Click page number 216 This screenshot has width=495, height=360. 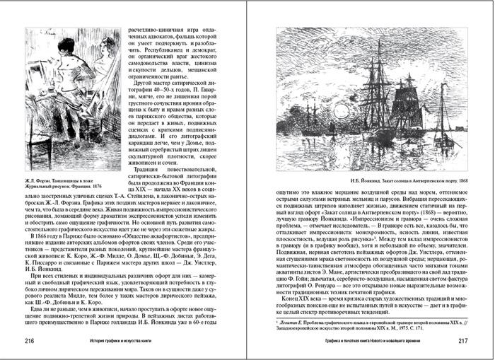point(30,341)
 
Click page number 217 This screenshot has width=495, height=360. point(465,341)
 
